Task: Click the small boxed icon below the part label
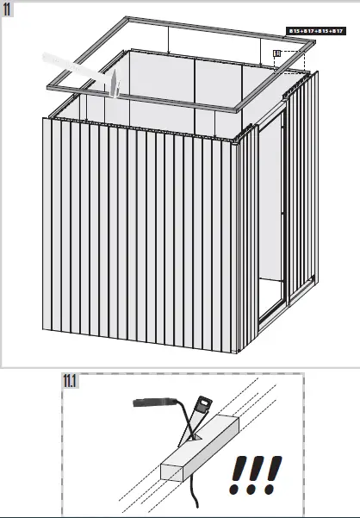click(x=277, y=53)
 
